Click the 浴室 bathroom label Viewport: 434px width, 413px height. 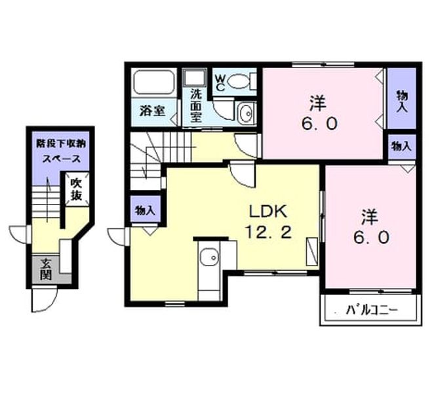(152, 111)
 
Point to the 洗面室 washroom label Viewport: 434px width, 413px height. (196, 106)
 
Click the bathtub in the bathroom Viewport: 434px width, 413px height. (154, 82)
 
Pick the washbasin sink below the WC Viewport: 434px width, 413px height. (247, 113)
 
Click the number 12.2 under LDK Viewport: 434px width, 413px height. (269, 232)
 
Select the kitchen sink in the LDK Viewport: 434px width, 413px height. (208, 257)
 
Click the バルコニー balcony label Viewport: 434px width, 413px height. (372, 310)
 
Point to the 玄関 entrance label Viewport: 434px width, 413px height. (46, 269)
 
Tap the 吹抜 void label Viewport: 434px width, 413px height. (77, 189)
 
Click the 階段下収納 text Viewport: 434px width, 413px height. (61, 144)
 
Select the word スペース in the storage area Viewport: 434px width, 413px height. (61, 159)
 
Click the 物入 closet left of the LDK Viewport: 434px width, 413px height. (145, 210)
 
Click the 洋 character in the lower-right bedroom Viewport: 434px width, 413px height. (370, 217)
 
